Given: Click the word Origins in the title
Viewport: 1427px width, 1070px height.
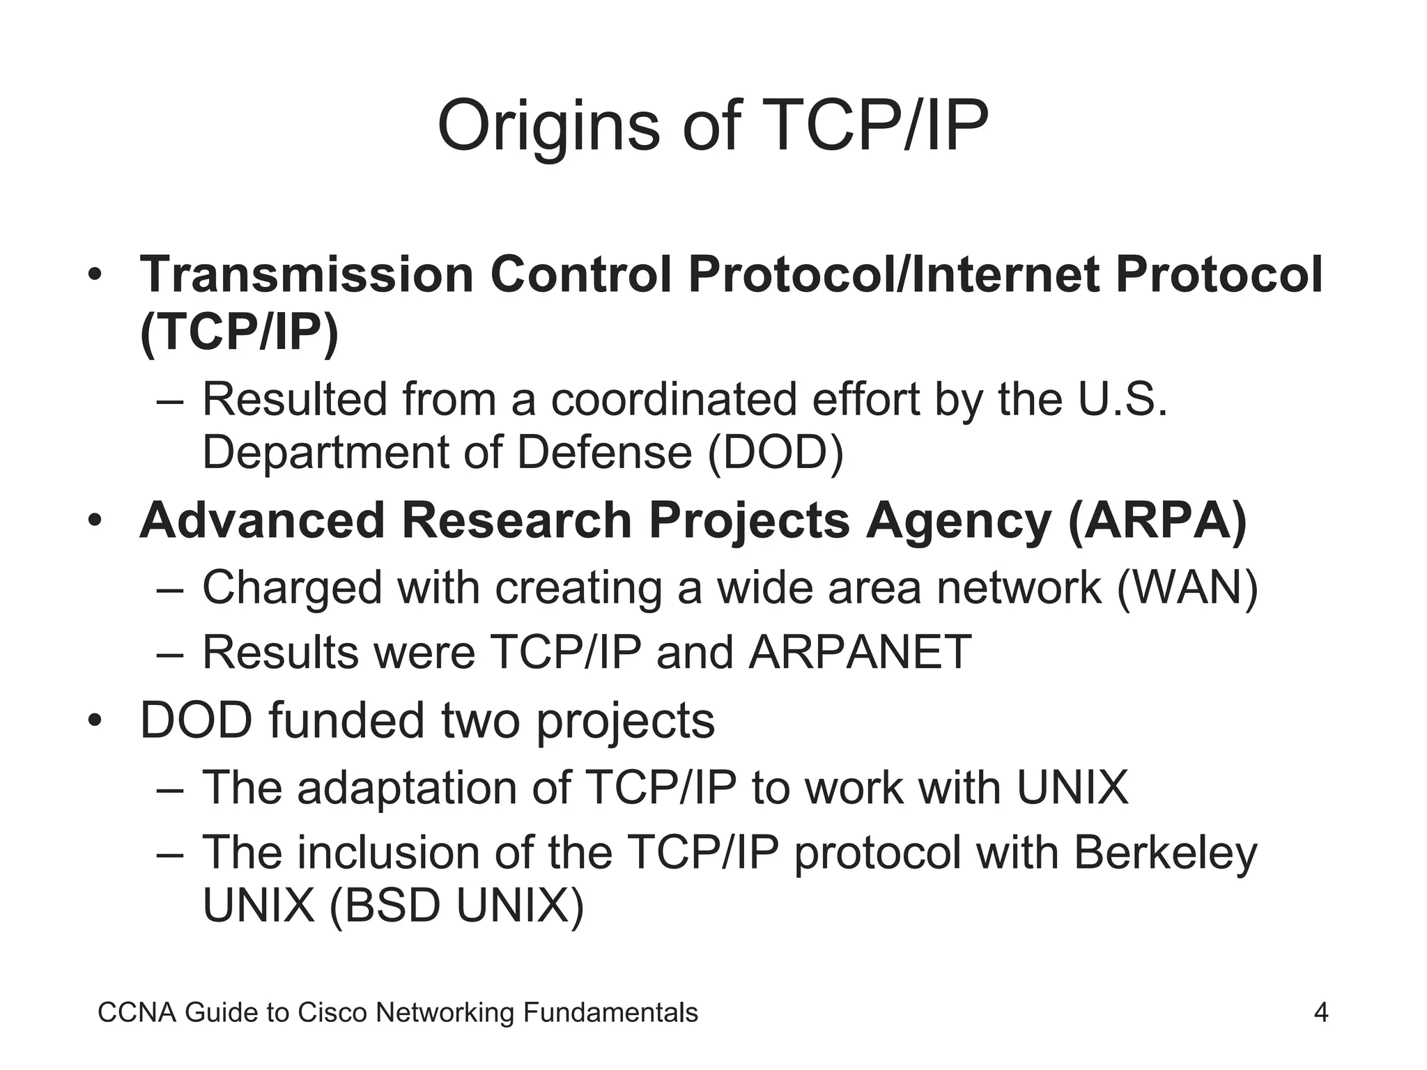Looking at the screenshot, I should point(548,127).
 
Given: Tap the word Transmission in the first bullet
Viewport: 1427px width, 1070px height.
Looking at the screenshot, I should point(307,274).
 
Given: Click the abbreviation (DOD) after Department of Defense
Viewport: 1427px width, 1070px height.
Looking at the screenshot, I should point(776,453).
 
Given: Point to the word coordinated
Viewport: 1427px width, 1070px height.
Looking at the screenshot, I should point(674,400).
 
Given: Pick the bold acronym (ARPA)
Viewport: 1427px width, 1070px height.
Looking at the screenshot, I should point(1157,521).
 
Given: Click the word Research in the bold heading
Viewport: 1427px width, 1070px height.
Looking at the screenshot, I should point(516,521).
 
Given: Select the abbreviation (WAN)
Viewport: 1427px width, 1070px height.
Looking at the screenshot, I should point(1187,588).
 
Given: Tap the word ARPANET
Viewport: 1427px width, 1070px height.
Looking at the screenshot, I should point(860,653).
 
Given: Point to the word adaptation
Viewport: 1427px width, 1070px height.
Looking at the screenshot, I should point(407,788).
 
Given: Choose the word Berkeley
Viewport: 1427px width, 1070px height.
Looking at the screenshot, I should point(1165,853).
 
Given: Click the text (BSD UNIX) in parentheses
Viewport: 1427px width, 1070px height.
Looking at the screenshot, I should point(456,906).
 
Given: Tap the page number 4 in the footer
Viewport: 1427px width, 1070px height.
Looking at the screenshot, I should point(1320,1012).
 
